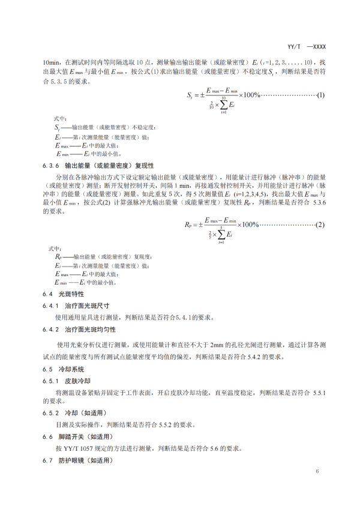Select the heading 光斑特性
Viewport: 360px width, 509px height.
(x=71, y=294)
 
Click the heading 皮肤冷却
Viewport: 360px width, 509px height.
(x=77, y=380)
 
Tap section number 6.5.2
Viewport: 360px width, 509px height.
(x=50, y=413)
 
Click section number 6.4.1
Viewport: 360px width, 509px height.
(x=50, y=306)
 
